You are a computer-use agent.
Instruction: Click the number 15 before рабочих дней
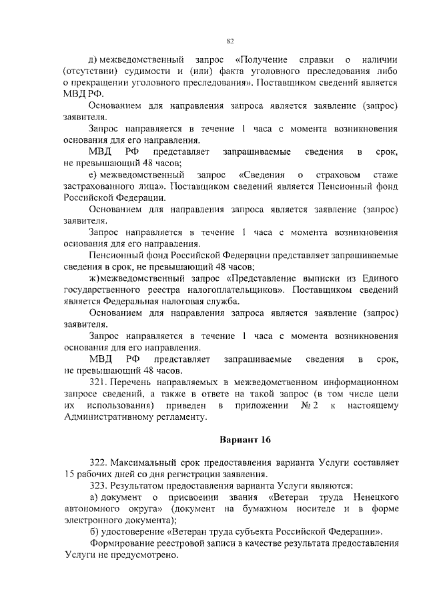coord(71,474)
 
